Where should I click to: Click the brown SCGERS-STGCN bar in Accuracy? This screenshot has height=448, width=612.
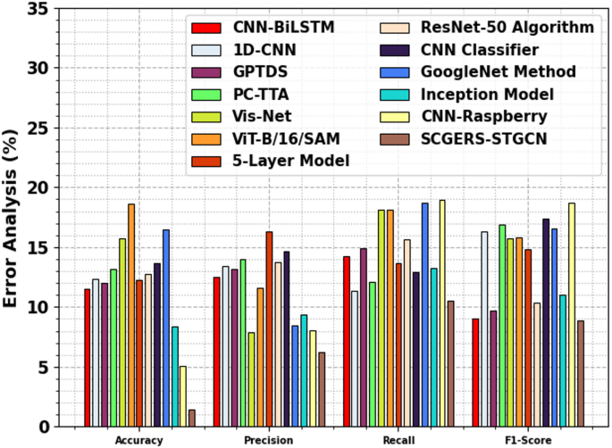(x=191, y=418)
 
